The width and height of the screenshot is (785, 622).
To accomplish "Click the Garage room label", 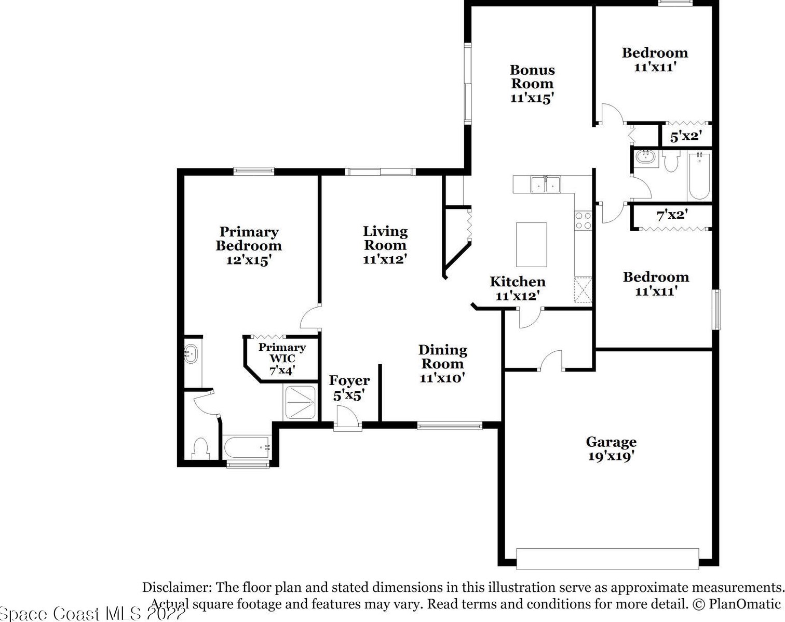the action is [611, 449].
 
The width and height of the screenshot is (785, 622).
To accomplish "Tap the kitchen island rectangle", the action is [531, 244].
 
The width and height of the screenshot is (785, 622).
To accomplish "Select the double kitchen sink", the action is [546, 184].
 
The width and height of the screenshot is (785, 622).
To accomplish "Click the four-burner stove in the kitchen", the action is [583, 221].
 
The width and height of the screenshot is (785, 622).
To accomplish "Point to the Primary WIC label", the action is [282, 359].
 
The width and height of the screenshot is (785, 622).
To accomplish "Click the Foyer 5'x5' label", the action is [349, 388].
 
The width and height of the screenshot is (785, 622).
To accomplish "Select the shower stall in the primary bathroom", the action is [300, 402].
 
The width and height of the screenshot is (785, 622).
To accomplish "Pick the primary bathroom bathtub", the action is [247, 447].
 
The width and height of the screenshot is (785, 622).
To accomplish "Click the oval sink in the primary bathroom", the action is [191, 353].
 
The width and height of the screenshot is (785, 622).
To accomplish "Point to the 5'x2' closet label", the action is [686, 136].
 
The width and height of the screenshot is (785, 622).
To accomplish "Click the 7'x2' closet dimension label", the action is [672, 215].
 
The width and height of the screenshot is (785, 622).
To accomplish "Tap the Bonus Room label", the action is [532, 84].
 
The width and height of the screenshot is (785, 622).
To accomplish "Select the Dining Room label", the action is [442, 363].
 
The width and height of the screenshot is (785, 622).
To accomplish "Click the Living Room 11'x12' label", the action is [385, 245].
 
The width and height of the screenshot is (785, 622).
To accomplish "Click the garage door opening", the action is [607, 559].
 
